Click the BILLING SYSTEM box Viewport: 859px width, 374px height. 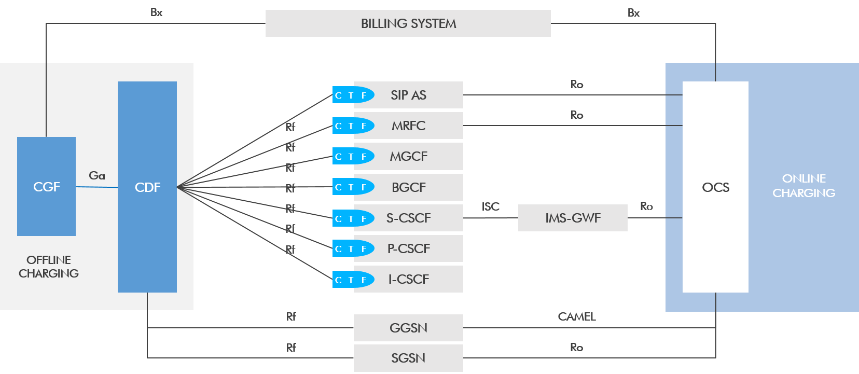tap(408, 23)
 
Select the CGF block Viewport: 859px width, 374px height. tap(46, 187)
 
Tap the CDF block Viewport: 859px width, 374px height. tap(147, 187)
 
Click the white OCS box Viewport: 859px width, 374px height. tap(715, 187)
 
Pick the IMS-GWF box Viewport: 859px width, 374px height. tap(573, 218)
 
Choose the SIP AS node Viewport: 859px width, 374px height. tap(408, 95)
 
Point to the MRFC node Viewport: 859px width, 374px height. tap(408, 126)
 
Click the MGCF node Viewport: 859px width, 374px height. tap(408, 156)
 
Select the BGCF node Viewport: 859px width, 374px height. tap(408, 187)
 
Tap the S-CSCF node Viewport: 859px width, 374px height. tap(408, 218)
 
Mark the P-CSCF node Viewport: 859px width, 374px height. tap(408, 248)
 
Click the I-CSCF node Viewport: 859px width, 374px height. tap(408, 279)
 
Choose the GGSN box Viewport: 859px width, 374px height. tap(408, 328)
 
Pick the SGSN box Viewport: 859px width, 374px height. tap(408, 358)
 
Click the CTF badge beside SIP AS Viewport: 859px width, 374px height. tap(352, 95)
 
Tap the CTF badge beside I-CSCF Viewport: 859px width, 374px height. tap(352, 280)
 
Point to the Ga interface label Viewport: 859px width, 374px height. tap(97, 175)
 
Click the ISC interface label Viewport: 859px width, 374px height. tap(490, 206)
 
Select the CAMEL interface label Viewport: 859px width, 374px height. tap(576, 316)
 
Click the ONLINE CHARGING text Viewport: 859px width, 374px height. tap(803, 186)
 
